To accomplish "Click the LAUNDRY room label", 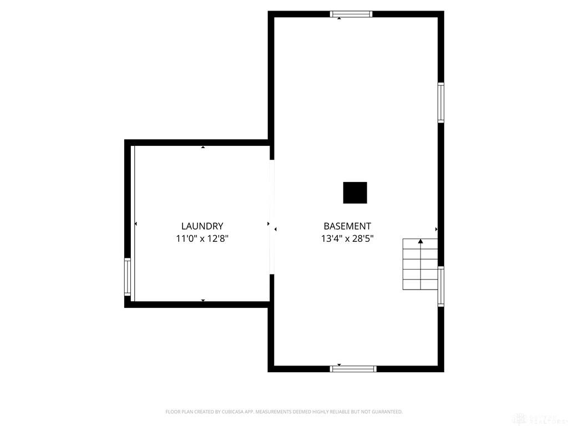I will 202,226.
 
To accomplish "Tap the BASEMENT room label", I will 347,226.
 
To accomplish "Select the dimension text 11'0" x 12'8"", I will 202,239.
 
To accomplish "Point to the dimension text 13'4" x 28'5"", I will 347,239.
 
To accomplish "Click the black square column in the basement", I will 355,192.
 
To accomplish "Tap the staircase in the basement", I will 420,265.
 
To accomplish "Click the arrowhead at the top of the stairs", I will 420,241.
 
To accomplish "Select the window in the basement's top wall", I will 351,14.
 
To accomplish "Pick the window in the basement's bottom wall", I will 353,368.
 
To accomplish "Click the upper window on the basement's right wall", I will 441,102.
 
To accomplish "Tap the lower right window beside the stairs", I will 441,286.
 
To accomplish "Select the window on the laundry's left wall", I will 128,277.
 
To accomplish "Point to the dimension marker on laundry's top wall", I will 203,147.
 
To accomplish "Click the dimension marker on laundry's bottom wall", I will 203,301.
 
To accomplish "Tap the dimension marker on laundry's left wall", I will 136,224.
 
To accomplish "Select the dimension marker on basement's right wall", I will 436,229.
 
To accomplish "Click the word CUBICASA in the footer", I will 232,412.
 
